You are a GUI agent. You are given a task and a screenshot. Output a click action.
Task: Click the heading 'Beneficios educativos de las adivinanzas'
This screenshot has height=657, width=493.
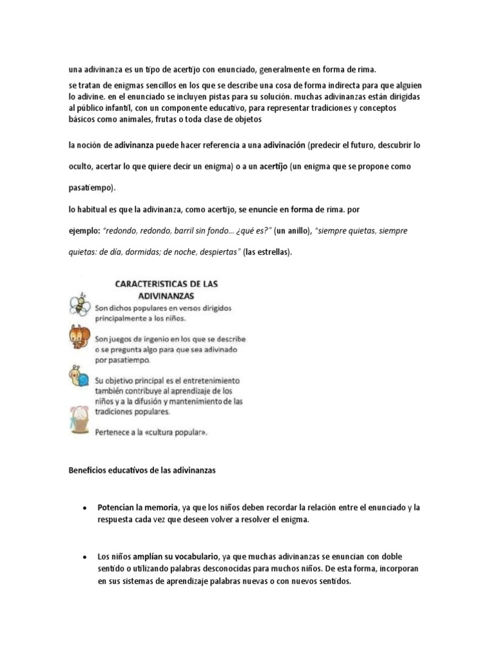(x=143, y=470)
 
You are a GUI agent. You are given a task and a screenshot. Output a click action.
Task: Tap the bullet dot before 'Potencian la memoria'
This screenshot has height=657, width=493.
(x=85, y=508)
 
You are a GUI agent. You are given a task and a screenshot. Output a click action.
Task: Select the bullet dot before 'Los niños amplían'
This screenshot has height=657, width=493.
(x=85, y=557)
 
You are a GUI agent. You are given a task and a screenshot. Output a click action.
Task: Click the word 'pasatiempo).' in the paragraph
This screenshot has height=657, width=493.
(x=92, y=188)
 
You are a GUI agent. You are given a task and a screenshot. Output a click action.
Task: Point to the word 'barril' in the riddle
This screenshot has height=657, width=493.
(x=195, y=230)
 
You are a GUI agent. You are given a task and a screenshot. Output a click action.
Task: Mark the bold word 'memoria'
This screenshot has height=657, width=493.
(x=156, y=507)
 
